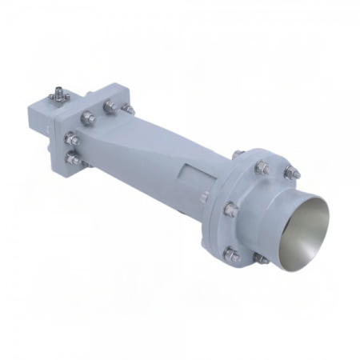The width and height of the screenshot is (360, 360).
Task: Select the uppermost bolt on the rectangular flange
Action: (x=107, y=103)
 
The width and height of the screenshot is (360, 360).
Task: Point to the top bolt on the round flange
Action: (x=262, y=166)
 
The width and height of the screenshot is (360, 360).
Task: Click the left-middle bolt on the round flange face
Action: (x=230, y=210)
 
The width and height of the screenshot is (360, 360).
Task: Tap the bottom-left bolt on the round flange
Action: (x=231, y=257)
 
